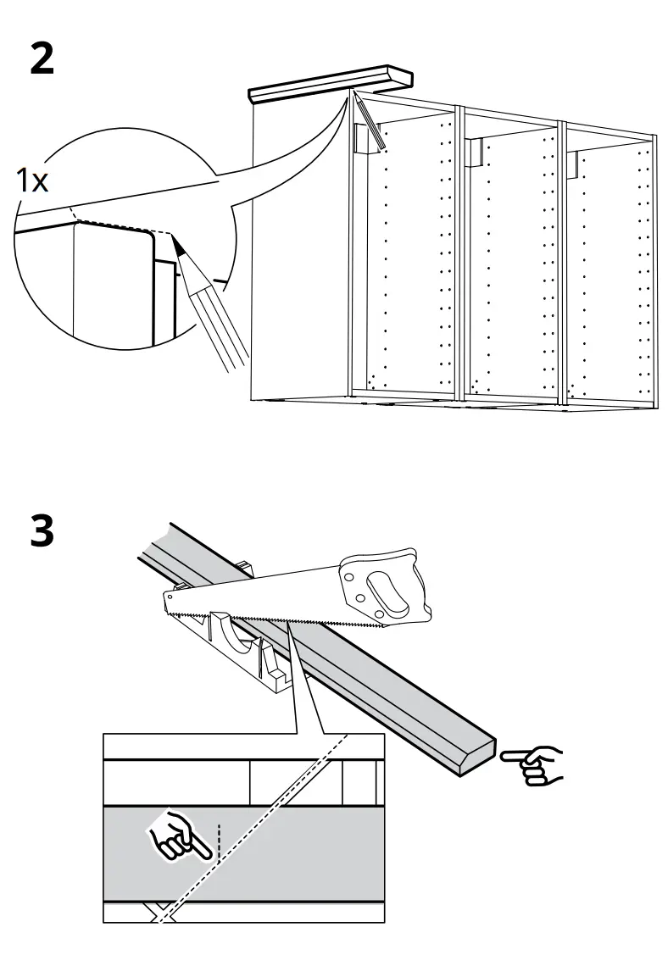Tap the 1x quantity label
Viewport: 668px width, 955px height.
(32, 180)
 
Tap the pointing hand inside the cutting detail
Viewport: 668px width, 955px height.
(179, 838)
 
